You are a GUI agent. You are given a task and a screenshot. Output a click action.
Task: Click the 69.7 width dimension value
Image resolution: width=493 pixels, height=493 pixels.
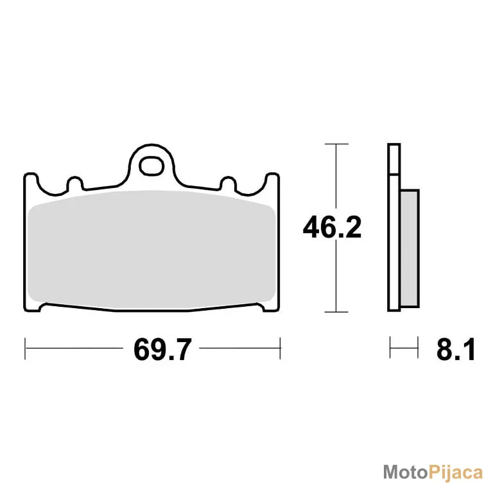(162, 349)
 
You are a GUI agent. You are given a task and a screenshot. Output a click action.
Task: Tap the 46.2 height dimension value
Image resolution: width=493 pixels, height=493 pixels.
(332, 227)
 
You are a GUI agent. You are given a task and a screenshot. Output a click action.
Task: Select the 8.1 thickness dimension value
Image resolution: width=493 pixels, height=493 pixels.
(456, 349)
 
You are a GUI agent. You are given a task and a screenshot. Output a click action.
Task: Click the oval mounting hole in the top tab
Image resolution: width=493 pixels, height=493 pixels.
(152, 166)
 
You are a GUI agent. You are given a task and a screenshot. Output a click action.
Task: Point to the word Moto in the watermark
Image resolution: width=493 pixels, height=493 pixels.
(405, 472)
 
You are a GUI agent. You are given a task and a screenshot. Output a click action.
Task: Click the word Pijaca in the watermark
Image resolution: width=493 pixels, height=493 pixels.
(456, 473)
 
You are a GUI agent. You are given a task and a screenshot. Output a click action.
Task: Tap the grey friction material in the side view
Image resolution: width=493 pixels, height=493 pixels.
(410, 248)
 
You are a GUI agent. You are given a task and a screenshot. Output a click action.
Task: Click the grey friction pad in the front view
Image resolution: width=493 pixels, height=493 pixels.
(151, 250)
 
